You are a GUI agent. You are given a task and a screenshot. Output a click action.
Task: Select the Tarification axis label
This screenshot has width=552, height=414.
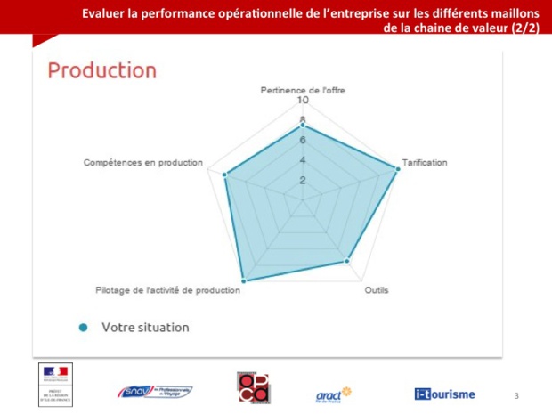(425, 163)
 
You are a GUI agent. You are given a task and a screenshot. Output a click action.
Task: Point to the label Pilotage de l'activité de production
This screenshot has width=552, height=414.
(167, 290)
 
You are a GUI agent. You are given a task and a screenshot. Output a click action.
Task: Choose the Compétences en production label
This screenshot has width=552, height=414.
(143, 163)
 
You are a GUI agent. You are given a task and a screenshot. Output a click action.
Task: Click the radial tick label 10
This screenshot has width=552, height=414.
(303, 101)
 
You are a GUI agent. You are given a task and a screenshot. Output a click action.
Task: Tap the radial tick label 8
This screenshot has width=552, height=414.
(303, 120)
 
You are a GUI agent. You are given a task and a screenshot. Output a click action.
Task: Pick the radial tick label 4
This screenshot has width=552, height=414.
(303, 160)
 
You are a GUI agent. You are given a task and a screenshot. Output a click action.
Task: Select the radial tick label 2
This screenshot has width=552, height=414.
(303, 180)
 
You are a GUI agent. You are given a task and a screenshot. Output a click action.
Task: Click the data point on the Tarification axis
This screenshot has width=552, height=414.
(396, 167)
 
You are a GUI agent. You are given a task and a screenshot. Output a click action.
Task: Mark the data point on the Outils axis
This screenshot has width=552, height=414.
(347, 261)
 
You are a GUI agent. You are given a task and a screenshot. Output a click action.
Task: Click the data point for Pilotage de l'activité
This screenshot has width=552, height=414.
(243, 281)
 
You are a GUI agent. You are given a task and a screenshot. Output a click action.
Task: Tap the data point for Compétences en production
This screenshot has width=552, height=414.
(225, 175)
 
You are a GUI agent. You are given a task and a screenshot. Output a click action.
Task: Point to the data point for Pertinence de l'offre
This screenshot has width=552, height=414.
(303, 125)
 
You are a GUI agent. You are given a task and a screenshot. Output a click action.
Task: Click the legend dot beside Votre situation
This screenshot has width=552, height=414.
(84, 328)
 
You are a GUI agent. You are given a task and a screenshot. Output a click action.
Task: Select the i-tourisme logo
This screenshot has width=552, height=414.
(444, 393)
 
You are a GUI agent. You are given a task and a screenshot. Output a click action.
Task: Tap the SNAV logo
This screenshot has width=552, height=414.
(155, 392)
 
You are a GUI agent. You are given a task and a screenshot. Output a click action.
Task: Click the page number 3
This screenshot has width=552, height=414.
(516, 394)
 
